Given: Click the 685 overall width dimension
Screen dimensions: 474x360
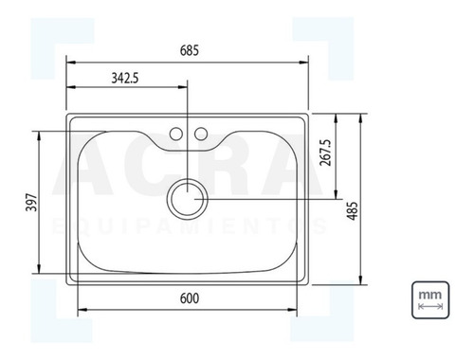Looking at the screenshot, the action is [x=190, y=50].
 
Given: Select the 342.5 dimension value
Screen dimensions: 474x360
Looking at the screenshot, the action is [x=125, y=78].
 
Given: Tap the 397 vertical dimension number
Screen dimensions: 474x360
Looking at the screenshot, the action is [x=32, y=203].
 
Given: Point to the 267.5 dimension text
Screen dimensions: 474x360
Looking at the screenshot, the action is [x=325, y=153].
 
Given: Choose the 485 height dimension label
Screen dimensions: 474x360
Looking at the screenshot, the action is [x=352, y=211].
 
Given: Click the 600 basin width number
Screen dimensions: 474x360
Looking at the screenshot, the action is [x=190, y=298].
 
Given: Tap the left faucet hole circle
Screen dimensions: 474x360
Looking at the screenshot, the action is [x=176, y=134].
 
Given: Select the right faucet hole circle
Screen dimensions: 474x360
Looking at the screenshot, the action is [x=201, y=134].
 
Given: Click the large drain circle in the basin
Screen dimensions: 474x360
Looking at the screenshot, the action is [x=188, y=179].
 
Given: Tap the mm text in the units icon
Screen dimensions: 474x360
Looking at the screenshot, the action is [x=430, y=296].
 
